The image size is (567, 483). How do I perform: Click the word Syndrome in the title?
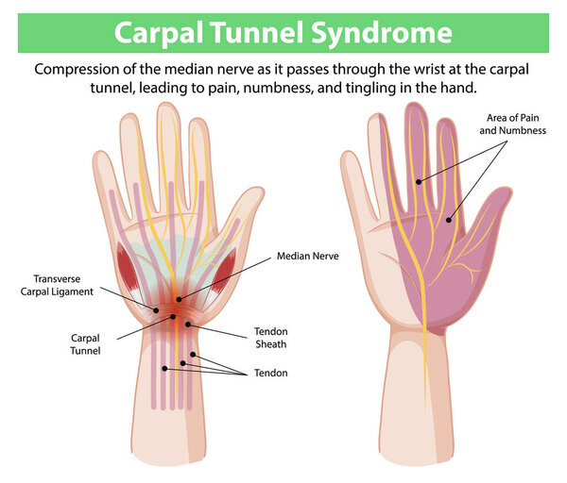point(382,33)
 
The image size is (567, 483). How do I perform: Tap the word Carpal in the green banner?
point(159,33)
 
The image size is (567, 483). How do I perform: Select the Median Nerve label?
point(308,256)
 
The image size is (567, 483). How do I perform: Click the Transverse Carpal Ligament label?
point(57,285)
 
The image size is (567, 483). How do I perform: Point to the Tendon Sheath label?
point(271,338)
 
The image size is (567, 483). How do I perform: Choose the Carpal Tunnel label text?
point(85,344)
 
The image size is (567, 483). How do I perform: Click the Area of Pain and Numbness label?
point(513,124)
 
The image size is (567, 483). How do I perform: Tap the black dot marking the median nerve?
point(179,299)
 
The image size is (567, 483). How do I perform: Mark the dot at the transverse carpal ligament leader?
point(156,310)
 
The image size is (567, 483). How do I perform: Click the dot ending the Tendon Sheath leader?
point(188,325)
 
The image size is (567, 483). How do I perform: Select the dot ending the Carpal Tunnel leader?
point(173,317)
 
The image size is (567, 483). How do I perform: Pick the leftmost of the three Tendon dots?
point(164,369)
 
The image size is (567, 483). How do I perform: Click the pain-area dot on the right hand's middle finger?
point(419,181)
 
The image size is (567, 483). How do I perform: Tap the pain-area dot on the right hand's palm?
point(448,220)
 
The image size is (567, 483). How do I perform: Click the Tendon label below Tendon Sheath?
point(271,373)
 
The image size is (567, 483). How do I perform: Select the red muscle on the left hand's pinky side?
point(127,268)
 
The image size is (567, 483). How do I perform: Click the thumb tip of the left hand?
point(256,192)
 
